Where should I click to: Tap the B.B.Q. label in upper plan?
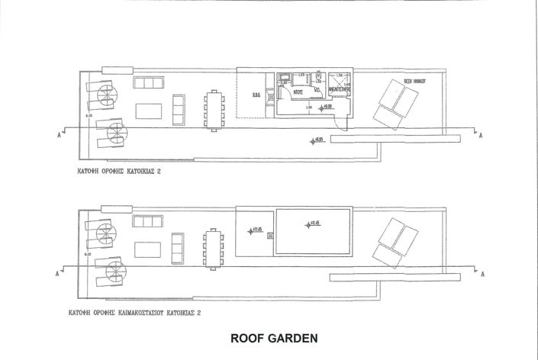(256, 95)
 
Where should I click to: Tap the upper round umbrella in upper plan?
(105, 95)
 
